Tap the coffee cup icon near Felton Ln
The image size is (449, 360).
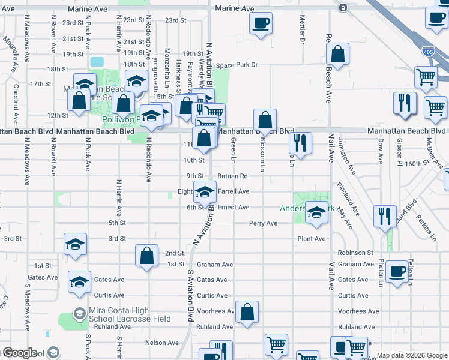click(397, 271)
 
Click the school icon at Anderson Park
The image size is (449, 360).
click(316, 213)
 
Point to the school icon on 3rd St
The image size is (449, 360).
click(75, 244)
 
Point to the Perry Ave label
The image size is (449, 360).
click(264, 223)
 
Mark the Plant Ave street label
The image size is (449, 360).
click(312, 239)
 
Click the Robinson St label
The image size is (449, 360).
click(355, 253)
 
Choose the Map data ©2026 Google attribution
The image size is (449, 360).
click(411, 355)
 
